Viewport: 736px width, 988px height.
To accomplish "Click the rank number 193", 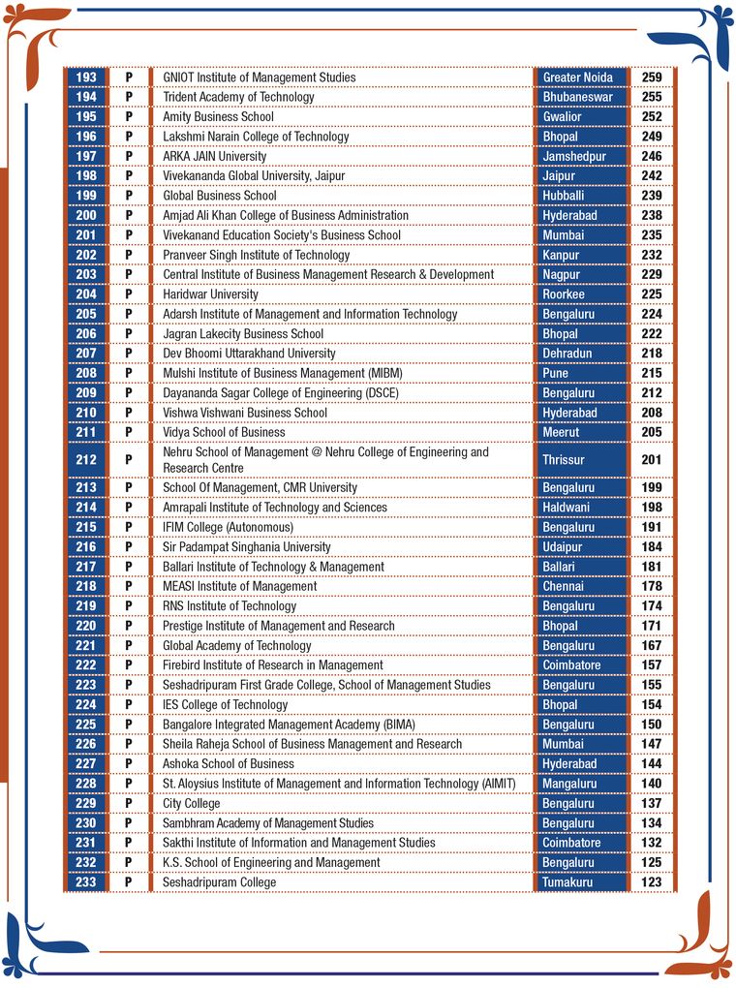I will tap(86, 77).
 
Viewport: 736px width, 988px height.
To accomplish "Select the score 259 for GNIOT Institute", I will tap(652, 77).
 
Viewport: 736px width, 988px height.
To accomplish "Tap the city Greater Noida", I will tap(577, 77).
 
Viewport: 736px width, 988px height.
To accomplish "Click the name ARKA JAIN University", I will tap(214, 156).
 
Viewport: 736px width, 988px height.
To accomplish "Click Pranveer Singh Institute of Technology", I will tap(256, 255).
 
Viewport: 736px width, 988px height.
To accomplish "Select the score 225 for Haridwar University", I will tap(652, 294).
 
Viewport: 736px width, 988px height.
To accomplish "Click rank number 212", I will tap(86, 460).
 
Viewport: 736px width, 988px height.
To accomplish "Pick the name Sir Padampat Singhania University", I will tap(246, 547).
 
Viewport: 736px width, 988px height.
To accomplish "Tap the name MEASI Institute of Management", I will tap(239, 586).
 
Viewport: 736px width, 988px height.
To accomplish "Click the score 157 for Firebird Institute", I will tap(652, 665).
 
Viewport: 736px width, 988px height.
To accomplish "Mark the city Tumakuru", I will tap(567, 882).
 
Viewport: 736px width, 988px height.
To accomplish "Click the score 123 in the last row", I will tap(652, 882).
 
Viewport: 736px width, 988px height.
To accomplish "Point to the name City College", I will tap(191, 803).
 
